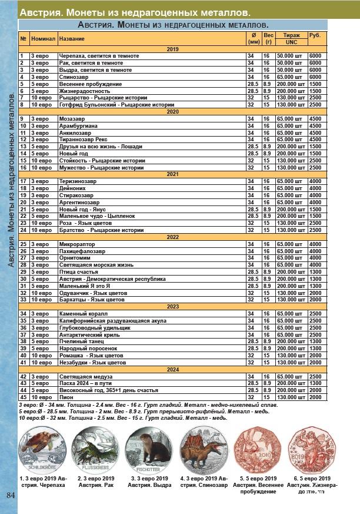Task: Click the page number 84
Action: pyautogui.click(x=10, y=493)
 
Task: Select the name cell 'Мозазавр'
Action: pyautogui.click(x=71, y=118)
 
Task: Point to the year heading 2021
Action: pyautogui.click(x=172, y=174)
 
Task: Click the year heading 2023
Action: pyautogui.click(x=172, y=306)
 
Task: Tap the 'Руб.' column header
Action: pyautogui.click(x=315, y=36)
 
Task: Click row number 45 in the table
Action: pyautogui.click(x=24, y=397)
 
